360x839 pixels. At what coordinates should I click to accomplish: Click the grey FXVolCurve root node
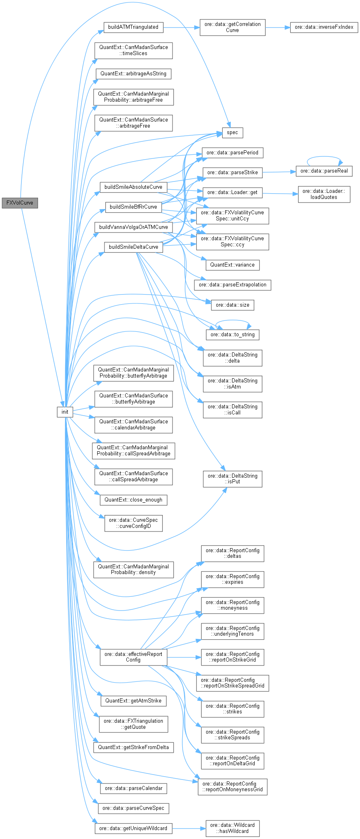click(x=20, y=203)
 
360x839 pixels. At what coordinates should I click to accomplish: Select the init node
click(x=65, y=412)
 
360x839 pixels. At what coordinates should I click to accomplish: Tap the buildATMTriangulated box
click(x=133, y=27)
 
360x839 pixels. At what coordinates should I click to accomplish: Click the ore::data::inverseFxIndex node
click(x=324, y=27)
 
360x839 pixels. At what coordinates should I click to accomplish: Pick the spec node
click(x=232, y=132)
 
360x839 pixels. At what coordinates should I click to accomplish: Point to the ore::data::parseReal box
click(x=324, y=171)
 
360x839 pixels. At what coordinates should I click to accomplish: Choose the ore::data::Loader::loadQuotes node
click(x=324, y=194)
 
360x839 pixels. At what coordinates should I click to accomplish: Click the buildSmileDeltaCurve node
click(x=134, y=247)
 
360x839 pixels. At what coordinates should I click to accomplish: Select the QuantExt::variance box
click(x=232, y=265)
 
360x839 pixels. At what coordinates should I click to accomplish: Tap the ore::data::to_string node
click(x=232, y=335)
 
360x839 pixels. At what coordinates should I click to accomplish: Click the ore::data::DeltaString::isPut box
click(x=232, y=478)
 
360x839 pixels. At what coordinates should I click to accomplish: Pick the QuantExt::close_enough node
click(x=133, y=500)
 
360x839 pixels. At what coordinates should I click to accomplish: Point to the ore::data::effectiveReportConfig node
click(x=133, y=657)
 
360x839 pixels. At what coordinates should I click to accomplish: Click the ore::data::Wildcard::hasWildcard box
click(x=232, y=828)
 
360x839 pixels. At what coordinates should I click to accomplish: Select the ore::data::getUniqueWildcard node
click(x=133, y=828)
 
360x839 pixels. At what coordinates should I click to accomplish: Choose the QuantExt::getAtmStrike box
click(x=133, y=700)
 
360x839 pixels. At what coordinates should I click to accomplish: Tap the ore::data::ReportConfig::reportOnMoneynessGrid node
click(x=232, y=786)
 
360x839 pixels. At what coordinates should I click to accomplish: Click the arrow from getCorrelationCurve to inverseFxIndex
click(x=278, y=27)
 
